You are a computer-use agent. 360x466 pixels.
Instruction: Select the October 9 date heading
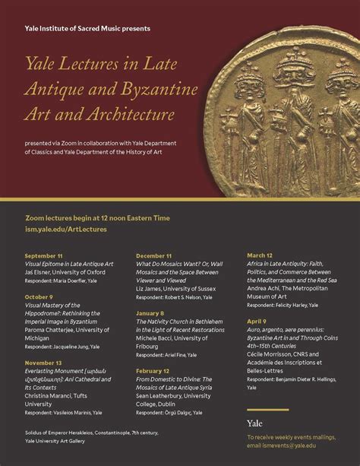tap(39, 296)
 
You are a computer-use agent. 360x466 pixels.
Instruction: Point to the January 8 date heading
tap(150, 313)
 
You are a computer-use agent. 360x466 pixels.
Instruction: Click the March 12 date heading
tap(261, 255)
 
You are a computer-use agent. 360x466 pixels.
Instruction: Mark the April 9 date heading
tap(257, 322)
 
